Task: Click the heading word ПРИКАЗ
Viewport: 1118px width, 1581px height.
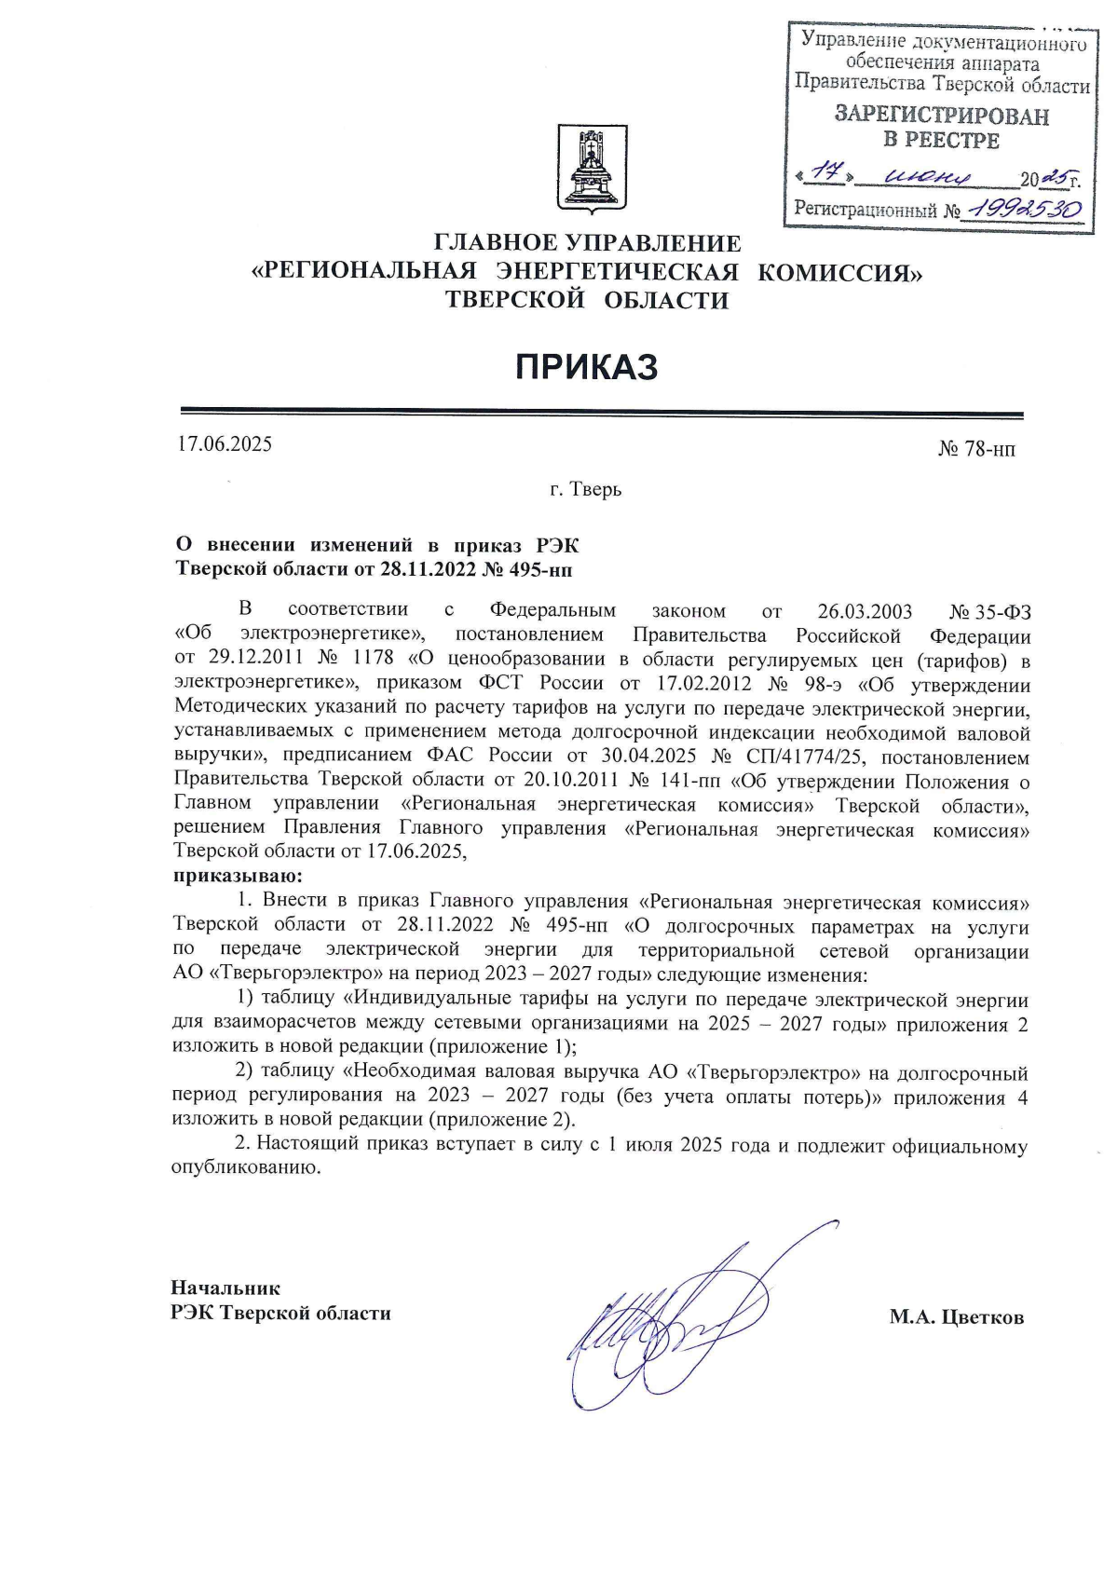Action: [587, 367]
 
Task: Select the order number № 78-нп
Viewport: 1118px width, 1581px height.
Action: [976, 450]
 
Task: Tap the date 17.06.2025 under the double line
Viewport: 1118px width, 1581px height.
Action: [225, 443]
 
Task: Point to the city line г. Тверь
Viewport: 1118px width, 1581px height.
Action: [586, 489]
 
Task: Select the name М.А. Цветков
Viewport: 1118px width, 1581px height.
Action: [956, 1316]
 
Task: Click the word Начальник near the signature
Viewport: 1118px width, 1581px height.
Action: [225, 1288]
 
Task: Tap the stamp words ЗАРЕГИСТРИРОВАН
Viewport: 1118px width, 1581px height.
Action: [941, 116]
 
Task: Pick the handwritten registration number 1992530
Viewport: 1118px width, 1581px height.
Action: [1023, 209]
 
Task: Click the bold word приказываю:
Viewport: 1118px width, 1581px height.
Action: [239, 877]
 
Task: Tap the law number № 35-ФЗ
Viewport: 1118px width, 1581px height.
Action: [990, 612]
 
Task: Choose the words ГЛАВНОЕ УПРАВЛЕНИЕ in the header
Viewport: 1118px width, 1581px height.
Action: [588, 244]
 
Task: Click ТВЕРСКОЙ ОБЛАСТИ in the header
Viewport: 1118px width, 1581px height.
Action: [587, 300]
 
